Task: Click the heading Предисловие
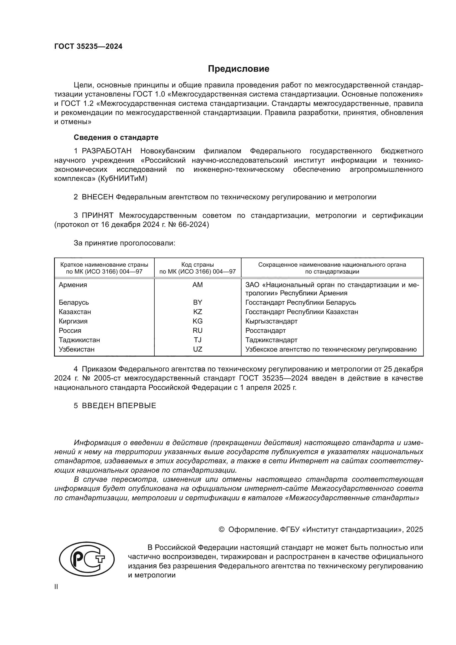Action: pyautogui.click(x=238, y=69)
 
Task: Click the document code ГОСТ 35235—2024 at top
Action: pyautogui.click(x=88, y=46)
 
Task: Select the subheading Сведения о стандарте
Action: pyautogui.click(x=116, y=137)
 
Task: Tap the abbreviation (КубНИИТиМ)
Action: pyautogui.click(x=123, y=179)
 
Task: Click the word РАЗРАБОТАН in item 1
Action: pyautogui.click(x=107, y=151)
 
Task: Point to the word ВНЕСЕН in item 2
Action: pyautogui.click(x=97, y=197)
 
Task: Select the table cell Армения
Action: pyautogui.click(x=73, y=285)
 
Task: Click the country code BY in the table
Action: pyautogui.click(x=197, y=303)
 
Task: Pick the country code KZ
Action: pyautogui.click(x=197, y=312)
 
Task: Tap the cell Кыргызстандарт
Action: pyautogui.click(x=271, y=321)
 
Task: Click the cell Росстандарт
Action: pyautogui.click(x=265, y=331)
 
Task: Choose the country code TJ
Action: pyautogui.click(x=197, y=340)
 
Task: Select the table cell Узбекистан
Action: pyautogui.click(x=76, y=349)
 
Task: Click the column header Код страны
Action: pyautogui.click(x=197, y=265)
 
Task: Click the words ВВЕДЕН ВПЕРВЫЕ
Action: pyautogui.click(x=119, y=406)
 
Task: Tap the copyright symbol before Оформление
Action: pyautogui.click(x=221, y=529)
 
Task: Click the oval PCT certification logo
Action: pyautogui.click(x=87, y=559)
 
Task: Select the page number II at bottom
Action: pyautogui.click(x=56, y=587)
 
